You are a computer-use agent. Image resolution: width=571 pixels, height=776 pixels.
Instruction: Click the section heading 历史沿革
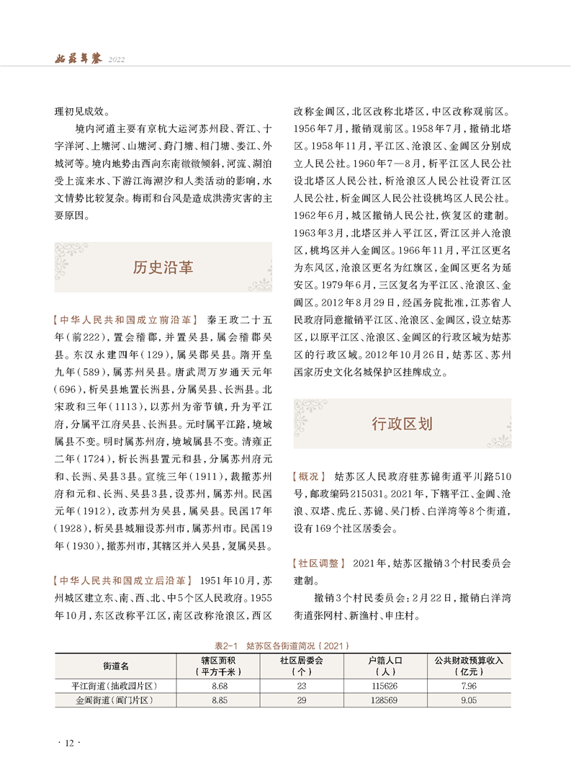point(163,267)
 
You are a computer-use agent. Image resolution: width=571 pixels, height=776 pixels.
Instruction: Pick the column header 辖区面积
point(220,665)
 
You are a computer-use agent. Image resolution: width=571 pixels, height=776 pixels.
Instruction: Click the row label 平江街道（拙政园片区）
point(114,685)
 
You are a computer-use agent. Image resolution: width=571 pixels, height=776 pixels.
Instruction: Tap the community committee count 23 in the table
point(301,685)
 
